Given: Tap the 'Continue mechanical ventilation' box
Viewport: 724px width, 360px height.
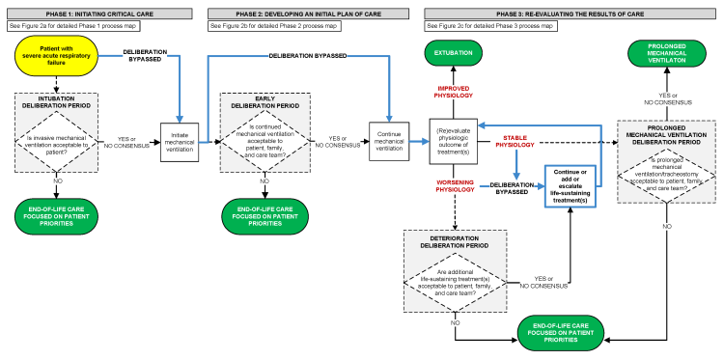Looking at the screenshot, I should (x=391, y=138).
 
